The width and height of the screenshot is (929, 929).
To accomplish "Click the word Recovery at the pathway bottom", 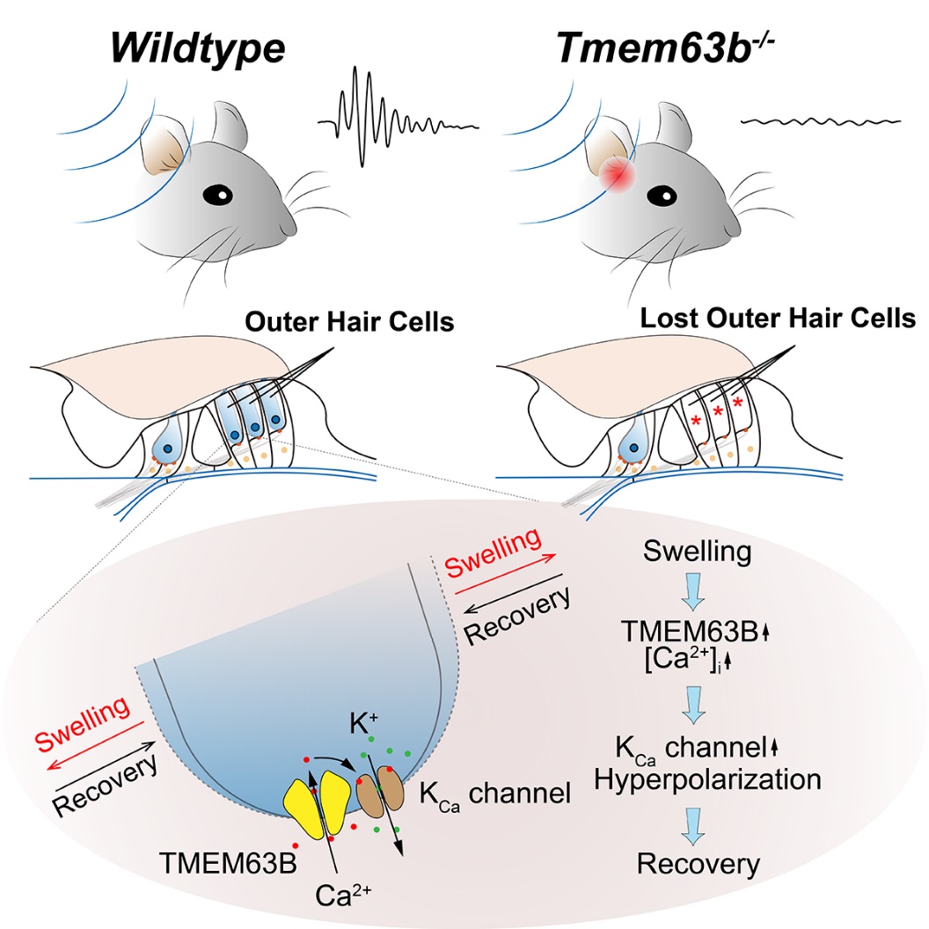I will (x=698, y=864).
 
